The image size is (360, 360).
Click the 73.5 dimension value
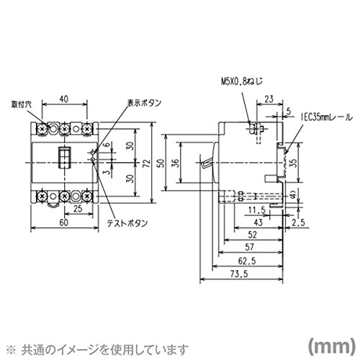pos(239,274)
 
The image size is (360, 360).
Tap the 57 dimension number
pos(249,247)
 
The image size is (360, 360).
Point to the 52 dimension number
pos(253,235)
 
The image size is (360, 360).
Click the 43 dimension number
pos(258,222)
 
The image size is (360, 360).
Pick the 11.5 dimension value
pos(257,210)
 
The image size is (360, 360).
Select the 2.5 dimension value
pos(299,222)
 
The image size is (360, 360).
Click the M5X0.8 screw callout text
pos(242,81)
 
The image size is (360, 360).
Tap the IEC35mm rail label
pos(327,117)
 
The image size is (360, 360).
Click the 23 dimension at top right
pos(269,99)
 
